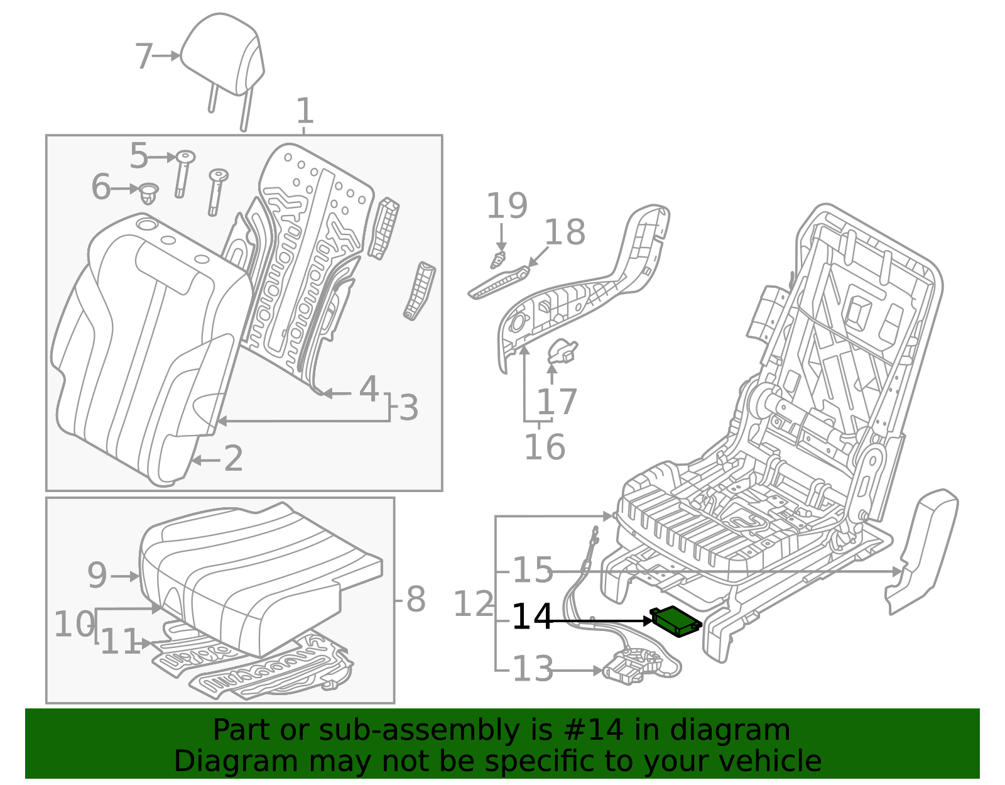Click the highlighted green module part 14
click(677, 621)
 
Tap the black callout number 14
click(532, 617)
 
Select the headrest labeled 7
click(223, 57)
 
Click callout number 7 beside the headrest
click(144, 57)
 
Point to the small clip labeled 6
click(149, 193)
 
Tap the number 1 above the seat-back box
click(305, 111)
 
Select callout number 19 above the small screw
click(507, 206)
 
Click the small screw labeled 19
click(499, 258)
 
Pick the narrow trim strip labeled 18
click(499, 283)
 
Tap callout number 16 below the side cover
click(545, 447)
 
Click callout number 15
click(533, 570)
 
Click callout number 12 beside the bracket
click(474, 605)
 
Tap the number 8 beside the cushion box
click(416, 600)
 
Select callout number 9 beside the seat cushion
click(97, 575)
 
